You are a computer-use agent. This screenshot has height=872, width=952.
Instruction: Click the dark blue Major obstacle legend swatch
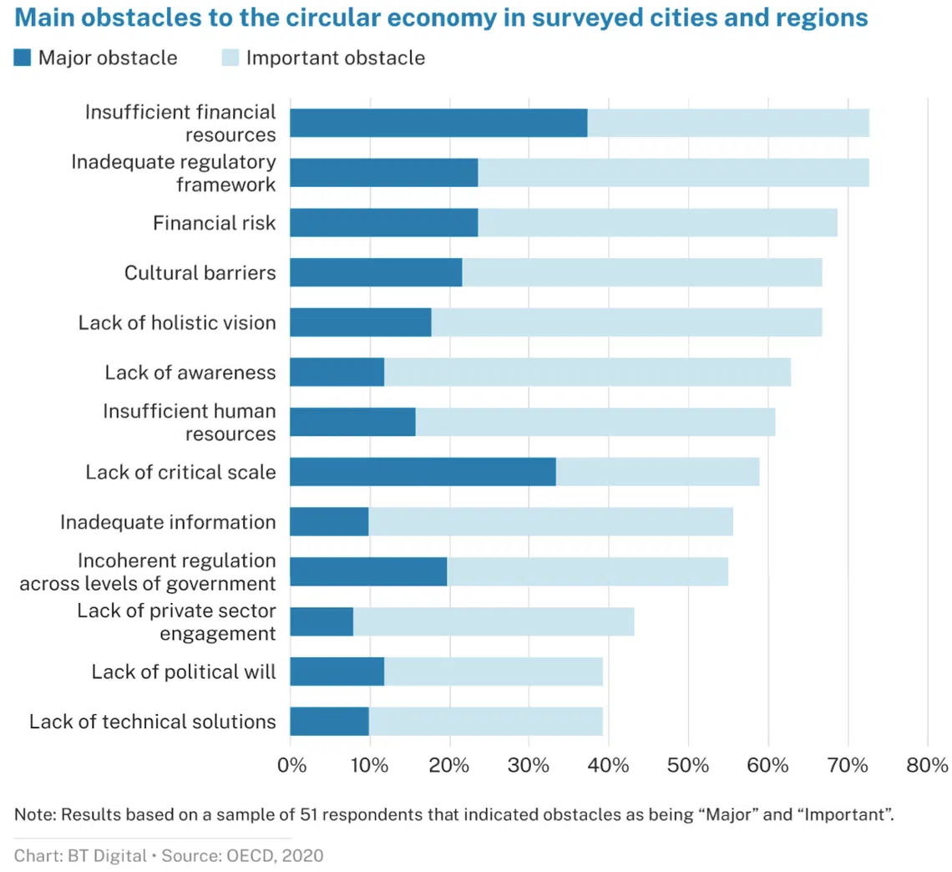[23, 58]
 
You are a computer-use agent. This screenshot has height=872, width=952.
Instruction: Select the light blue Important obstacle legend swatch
[230, 58]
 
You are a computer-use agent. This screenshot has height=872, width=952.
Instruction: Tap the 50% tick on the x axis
[688, 765]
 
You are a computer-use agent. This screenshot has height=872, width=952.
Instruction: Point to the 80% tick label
[927, 765]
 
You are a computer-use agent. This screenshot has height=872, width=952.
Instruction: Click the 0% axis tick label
[291, 765]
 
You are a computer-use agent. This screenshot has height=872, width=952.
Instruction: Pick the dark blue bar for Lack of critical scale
[423, 472]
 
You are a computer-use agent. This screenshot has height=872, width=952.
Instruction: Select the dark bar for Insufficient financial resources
[438, 123]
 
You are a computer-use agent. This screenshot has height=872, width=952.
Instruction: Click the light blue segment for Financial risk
[657, 223]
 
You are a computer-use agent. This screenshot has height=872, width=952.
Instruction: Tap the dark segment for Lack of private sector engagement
[322, 621]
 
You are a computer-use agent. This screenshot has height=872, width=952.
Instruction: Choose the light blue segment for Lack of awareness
[587, 373]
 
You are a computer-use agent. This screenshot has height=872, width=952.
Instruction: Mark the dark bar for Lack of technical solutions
[329, 721]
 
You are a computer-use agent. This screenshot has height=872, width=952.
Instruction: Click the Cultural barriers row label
[200, 272]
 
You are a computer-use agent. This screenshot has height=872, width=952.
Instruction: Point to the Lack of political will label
[183, 671]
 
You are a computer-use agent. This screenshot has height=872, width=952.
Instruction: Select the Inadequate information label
[168, 522]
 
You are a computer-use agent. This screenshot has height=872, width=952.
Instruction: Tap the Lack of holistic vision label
[177, 322]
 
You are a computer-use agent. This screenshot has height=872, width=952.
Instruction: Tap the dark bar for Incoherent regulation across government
[368, 571]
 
